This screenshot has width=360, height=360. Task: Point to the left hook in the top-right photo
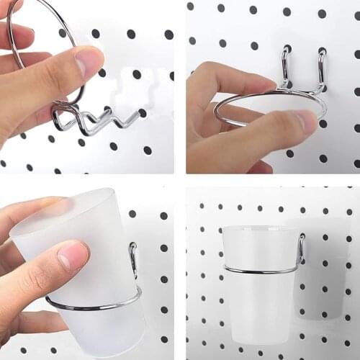click(287, 68)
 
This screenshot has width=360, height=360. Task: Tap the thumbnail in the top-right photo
click(302, 122)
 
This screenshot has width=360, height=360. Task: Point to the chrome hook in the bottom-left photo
click(133, 259)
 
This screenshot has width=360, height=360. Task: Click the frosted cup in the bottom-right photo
click(259, 288)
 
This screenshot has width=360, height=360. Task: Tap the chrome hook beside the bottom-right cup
click(301, 248)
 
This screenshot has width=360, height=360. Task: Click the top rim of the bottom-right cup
click(260, 229)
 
